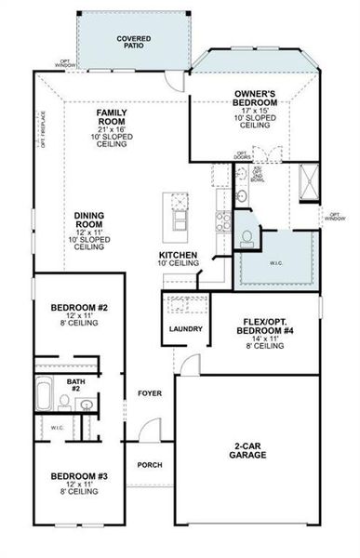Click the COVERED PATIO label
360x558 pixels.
click(x=134, y=40)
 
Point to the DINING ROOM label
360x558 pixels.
click(x=88, y=221)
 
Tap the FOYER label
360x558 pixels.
click(x=150, y=392)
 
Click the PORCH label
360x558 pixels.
click(x=150, y=465)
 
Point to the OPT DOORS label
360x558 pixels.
click(x=242, y=153)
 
